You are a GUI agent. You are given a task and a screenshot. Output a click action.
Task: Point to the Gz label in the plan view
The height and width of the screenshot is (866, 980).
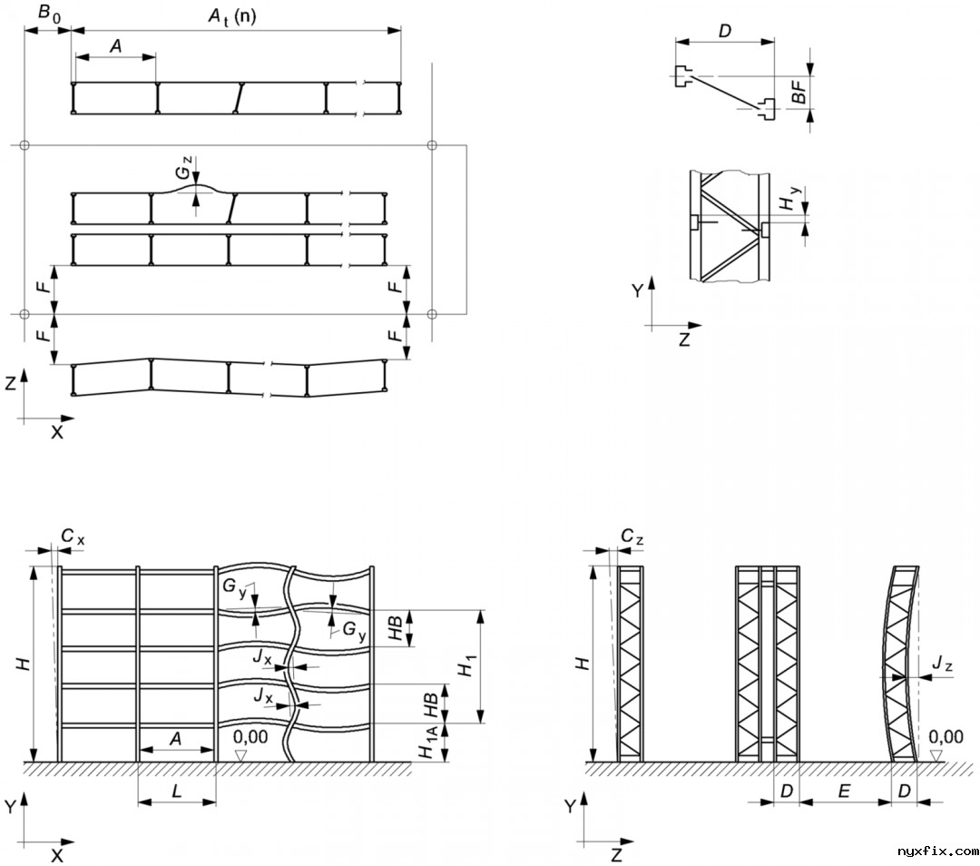pos(184,169)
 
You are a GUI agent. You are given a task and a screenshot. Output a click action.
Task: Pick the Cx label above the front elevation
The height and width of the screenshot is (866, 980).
pos(73,537)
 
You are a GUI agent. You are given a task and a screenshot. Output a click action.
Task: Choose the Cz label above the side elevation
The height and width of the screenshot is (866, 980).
pos(632,537)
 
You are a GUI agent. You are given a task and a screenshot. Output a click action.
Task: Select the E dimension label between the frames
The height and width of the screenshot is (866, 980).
pos(843,792)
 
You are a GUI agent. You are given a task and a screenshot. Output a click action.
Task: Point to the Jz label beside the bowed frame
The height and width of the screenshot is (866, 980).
pos(942,667)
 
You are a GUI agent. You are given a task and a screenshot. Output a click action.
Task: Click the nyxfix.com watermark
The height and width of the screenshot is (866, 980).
pos(937,851)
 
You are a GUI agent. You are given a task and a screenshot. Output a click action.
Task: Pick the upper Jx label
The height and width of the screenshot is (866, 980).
pos(262,655)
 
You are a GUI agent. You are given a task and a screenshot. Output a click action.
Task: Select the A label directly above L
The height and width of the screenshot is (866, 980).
pos(176,740)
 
